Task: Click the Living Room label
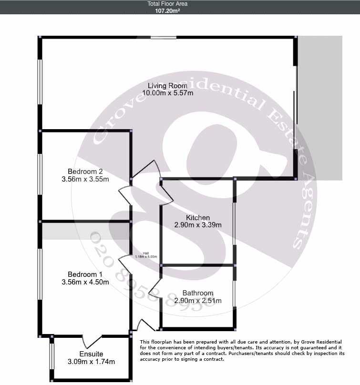(167, 86)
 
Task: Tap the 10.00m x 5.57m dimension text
(170, 93)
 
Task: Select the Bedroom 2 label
(85, 172)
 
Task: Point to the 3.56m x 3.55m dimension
(85, 179)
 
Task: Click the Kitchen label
(198, 218)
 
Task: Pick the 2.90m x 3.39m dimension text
(198, 225)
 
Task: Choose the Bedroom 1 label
(85, 274)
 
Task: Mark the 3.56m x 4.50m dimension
(85, 282)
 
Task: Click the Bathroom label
(194, 293)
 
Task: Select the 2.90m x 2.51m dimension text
(194, 301)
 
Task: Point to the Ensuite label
(92, 354)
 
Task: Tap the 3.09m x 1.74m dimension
(92, 362)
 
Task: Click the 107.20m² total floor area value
(160, 10)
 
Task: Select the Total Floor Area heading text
(160, 4)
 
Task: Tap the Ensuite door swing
(92, 341)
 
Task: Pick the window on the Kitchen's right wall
(234, 224)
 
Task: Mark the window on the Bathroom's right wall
(234, 294)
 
